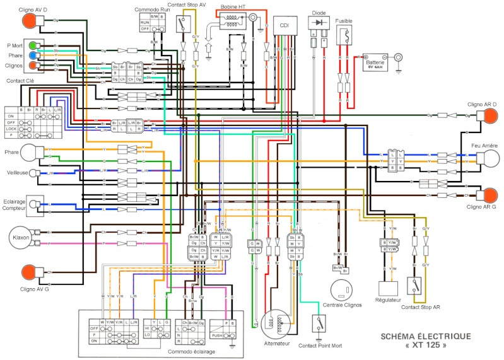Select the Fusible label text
coord(344,21)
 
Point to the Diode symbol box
coord(318,23)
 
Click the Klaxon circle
coord(18,238)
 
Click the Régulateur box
coord(389,289)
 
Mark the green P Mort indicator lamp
coord(32,45)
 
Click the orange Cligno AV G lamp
coord(28,272)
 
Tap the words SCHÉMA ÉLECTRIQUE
coord(425,336)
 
